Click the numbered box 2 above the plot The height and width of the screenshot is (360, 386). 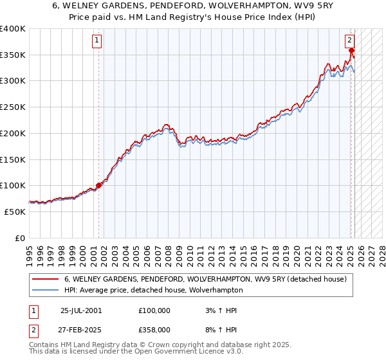pos(350,40)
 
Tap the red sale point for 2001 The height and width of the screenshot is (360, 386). pos(98,185)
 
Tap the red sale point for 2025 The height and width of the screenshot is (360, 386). pos(351,50)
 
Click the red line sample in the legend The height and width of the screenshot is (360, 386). pos(46,279)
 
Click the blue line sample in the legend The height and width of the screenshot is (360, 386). pos(46,290)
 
